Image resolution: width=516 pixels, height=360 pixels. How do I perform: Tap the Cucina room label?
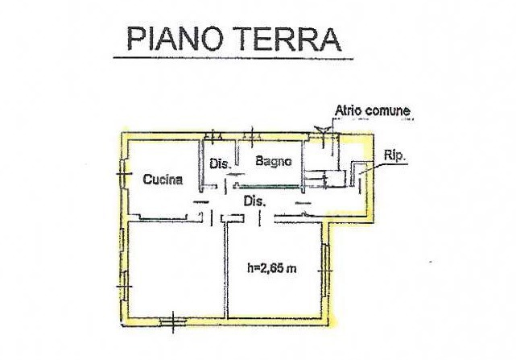click(163, 180)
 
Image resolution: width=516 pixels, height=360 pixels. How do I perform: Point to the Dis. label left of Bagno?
click(221, 164)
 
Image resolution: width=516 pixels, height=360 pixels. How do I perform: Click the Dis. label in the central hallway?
click(255, 201)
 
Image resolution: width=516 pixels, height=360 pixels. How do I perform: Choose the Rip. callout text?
click(394, 158)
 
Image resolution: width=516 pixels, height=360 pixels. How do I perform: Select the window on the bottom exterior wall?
click(172, 322)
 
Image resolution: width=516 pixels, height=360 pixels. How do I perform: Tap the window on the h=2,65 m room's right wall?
click(326, 270)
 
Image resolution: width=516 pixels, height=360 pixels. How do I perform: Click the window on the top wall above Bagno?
click(254, 134)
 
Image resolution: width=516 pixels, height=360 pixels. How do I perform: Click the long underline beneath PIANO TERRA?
click(233, 58)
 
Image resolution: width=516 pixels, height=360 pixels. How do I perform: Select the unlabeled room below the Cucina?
click(172, 270)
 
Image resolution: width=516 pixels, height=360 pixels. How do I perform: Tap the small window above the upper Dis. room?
click(213, 134)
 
